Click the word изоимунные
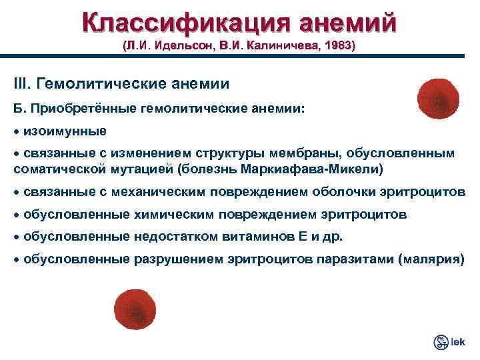point(65,129)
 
